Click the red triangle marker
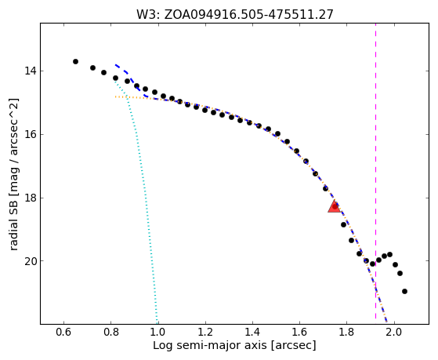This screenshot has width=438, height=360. click(334, 207)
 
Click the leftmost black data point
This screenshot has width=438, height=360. click(75, 61)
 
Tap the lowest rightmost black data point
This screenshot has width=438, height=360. click(404, 292)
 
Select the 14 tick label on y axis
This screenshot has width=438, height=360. click(31, 71)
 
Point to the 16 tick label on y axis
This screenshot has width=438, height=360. click(31, 135)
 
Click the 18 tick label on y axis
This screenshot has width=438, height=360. click(31, 198)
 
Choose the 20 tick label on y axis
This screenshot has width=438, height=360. click(31, 261)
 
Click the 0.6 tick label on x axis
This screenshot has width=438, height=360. click(64, 333)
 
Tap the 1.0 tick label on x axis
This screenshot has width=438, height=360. click(158, 333)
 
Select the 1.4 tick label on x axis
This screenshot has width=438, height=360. click(252, 333)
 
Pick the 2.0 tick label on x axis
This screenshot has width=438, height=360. click(394, 333)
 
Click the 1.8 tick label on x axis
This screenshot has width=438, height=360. click(346, 333)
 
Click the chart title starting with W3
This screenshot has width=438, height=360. click(234, 14)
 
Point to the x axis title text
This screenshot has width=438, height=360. click(234, 346)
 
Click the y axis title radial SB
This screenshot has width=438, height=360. click(14, 174)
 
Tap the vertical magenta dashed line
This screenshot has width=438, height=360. click(375, 171)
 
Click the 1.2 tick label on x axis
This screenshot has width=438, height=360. click(205, 333)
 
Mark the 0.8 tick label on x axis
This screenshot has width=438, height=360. click(111, 333)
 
